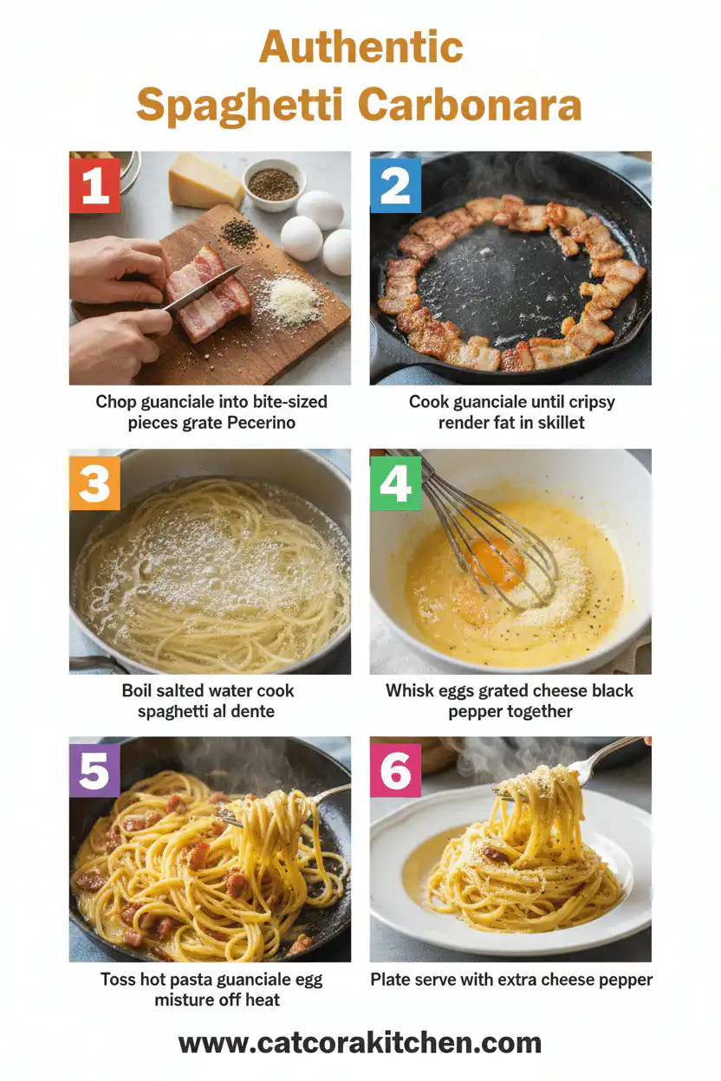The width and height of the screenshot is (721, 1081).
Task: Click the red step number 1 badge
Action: tap(94, 184)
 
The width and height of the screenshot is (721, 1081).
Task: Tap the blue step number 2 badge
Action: tap(395, 184)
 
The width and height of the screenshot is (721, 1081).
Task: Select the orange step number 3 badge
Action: tap(94, 482)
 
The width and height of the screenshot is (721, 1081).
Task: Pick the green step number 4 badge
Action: tap(395, 482)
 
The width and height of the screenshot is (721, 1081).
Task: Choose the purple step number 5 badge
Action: tap(94, 770)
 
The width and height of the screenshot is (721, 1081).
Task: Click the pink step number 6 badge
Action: tap(395, 770)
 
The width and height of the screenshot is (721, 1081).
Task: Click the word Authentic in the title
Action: tap(360, 47)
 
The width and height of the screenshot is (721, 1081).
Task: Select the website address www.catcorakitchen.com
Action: tap(360, 1042)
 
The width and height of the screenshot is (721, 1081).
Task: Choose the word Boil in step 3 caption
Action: tap(140, 690)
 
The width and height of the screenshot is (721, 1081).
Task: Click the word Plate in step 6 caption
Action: tap(391, 980)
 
